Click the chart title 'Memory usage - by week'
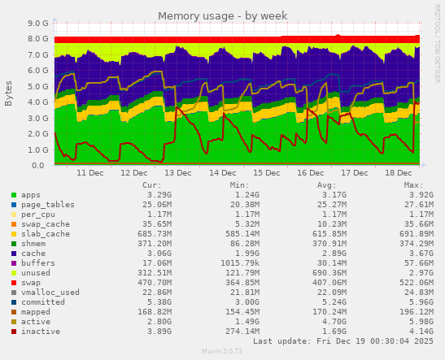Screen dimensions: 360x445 pos(222,15)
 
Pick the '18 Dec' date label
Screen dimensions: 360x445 pos(399,174)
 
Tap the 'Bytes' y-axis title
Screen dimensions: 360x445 pos(9,93)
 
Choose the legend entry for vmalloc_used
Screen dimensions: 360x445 pos(50,292)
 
